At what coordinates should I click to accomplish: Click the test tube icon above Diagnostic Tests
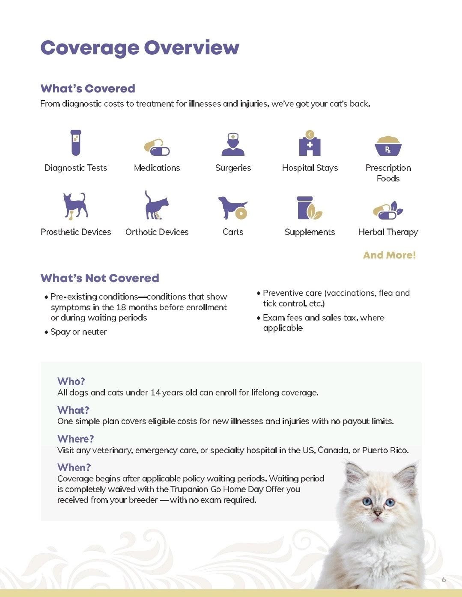76,143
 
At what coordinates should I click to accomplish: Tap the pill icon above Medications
157,147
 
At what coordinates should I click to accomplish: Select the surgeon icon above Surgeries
233,144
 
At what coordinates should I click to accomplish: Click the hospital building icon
310,144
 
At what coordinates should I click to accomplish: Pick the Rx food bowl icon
388,146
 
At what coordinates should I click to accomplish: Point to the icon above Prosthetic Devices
75,206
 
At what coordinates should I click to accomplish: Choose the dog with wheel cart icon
232,208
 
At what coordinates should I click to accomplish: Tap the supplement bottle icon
309,208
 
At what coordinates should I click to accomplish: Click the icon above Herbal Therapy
388,210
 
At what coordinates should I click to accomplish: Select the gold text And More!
389,255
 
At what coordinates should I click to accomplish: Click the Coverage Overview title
140,48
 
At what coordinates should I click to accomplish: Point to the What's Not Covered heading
100,278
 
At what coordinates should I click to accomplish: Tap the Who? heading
71,381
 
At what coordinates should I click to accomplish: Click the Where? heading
75,439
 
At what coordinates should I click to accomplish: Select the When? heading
74,467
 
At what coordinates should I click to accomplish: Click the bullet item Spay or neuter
78,332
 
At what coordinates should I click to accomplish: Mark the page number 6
444,579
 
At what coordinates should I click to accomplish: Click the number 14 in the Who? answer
156,392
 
